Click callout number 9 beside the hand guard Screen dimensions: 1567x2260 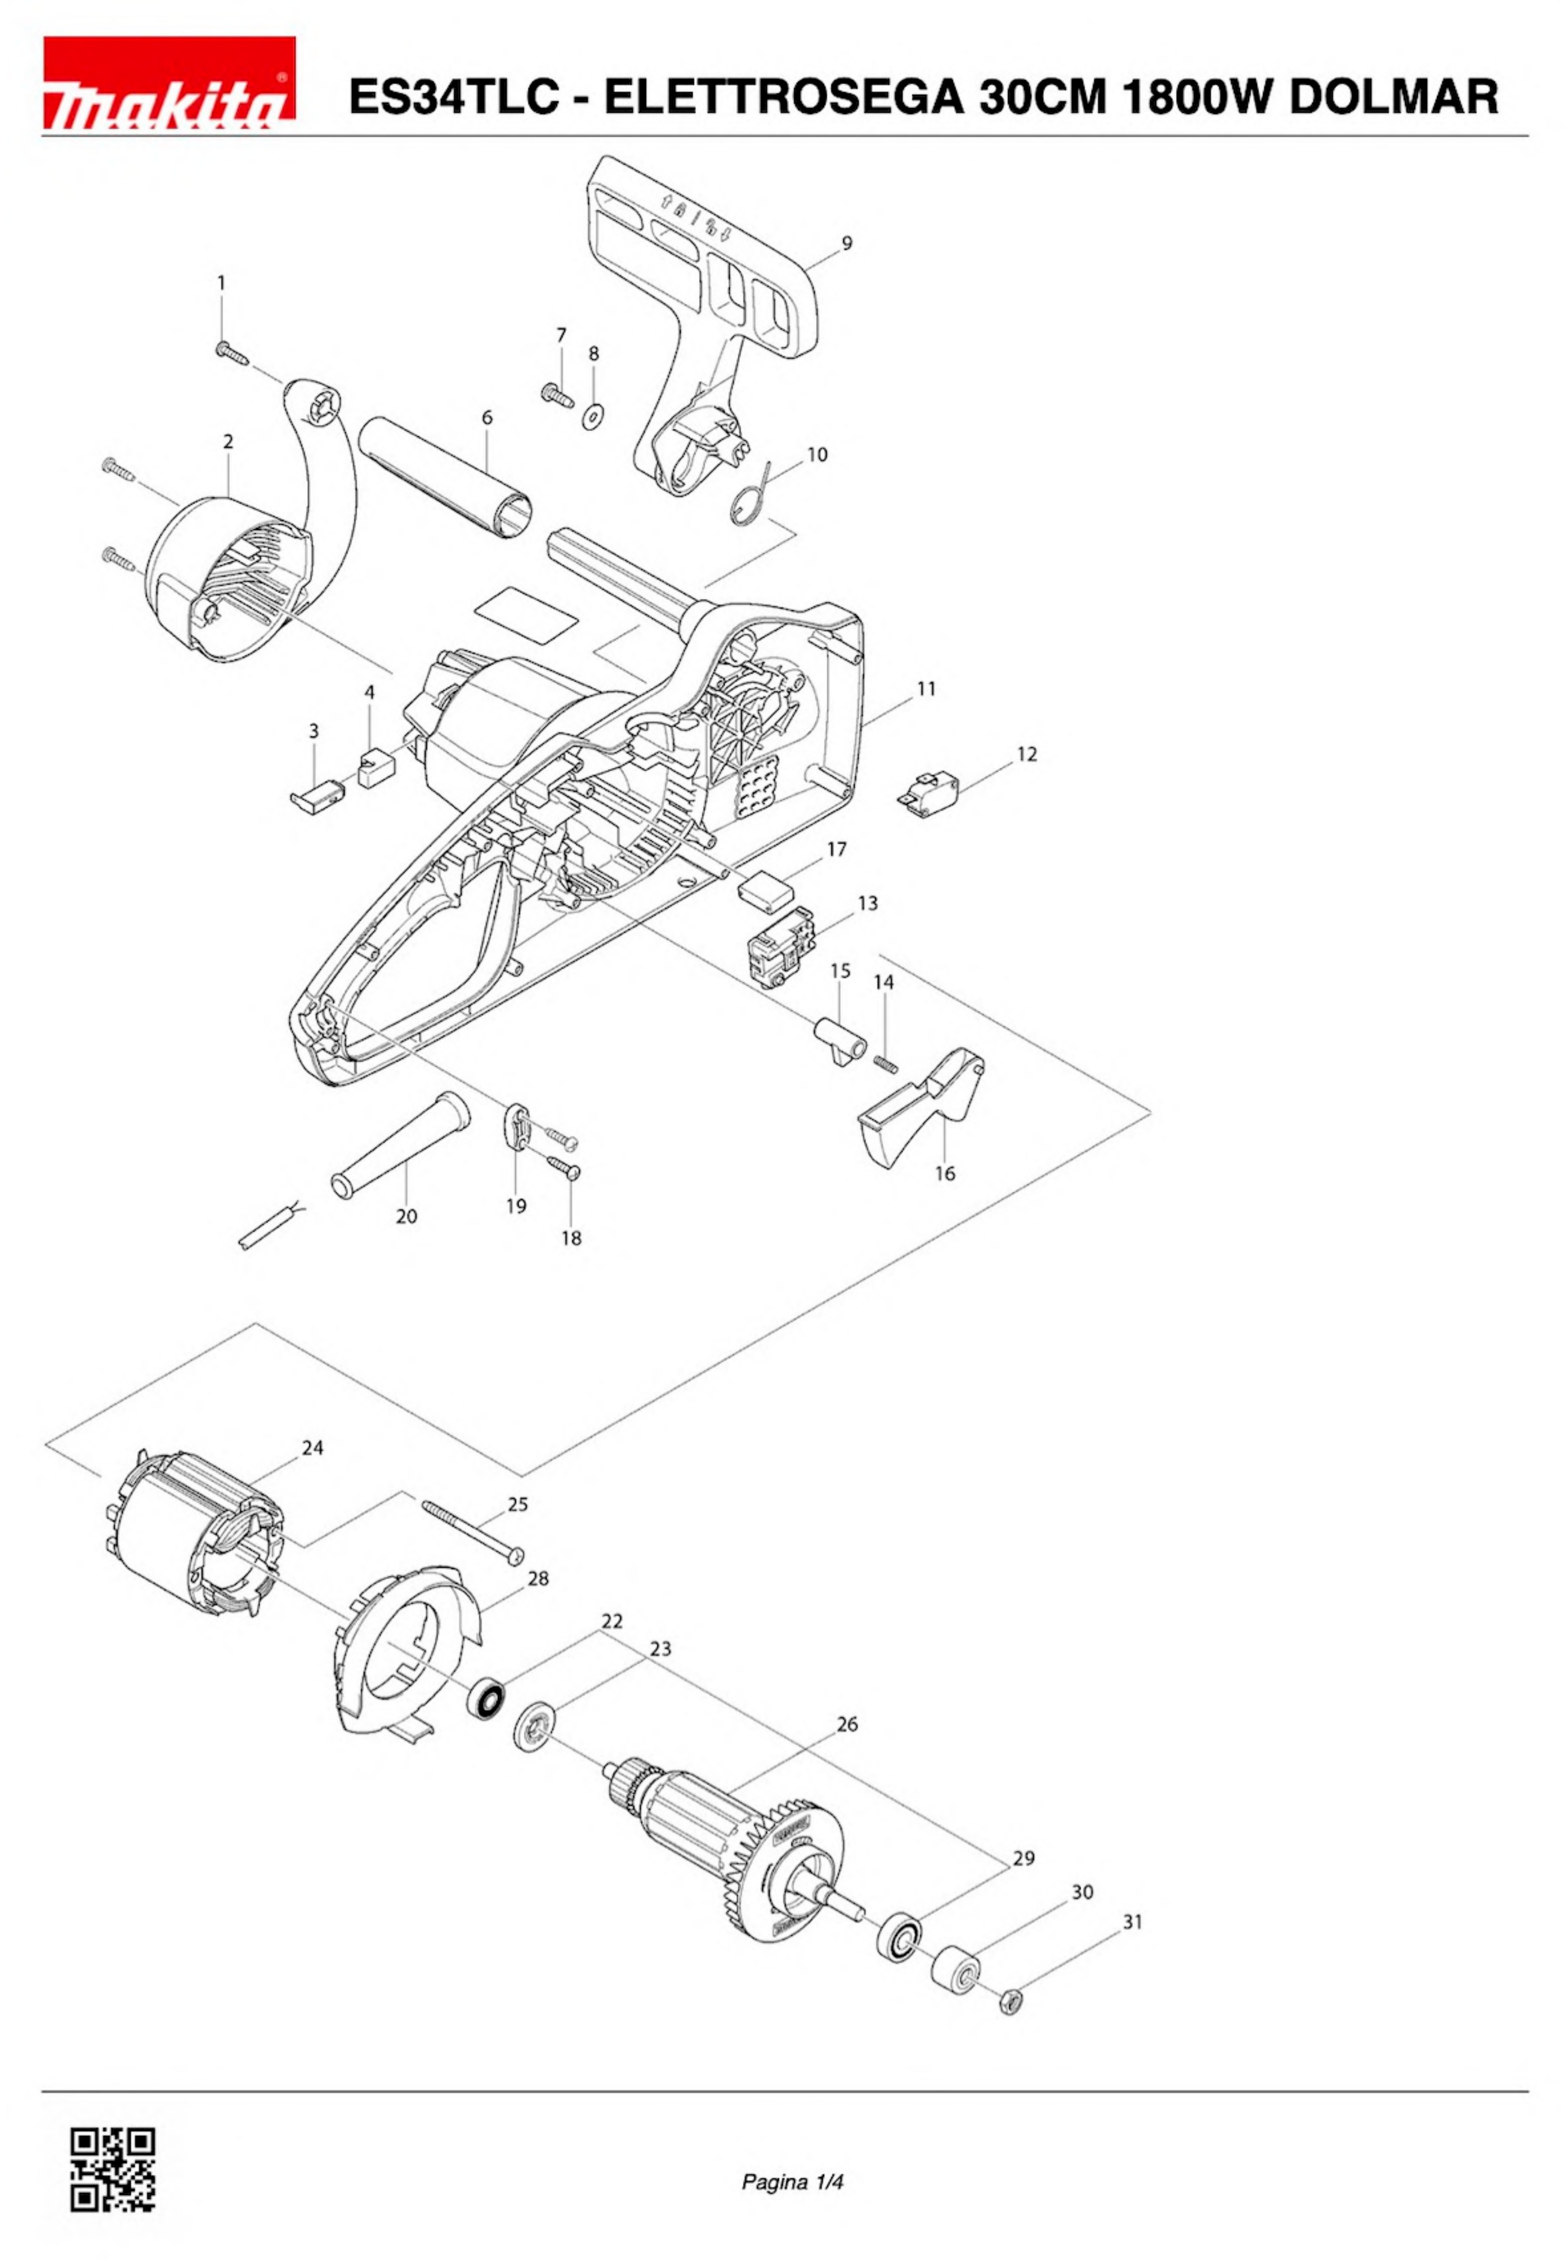point(846,243)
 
